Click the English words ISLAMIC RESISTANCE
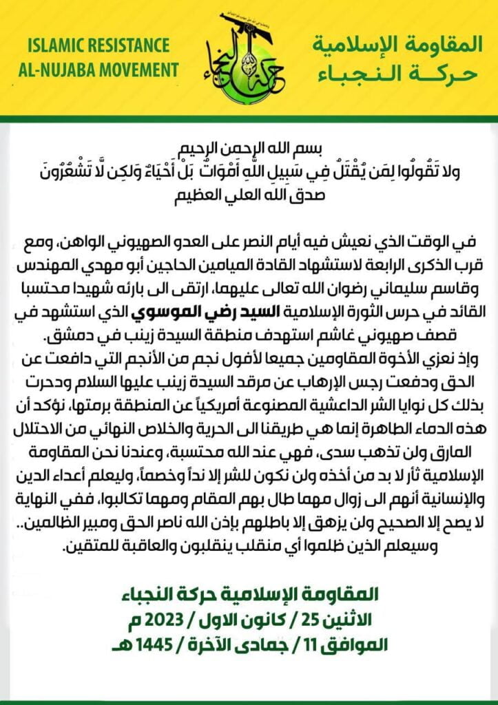[99, 47]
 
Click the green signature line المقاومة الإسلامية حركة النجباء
[249, 593]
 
